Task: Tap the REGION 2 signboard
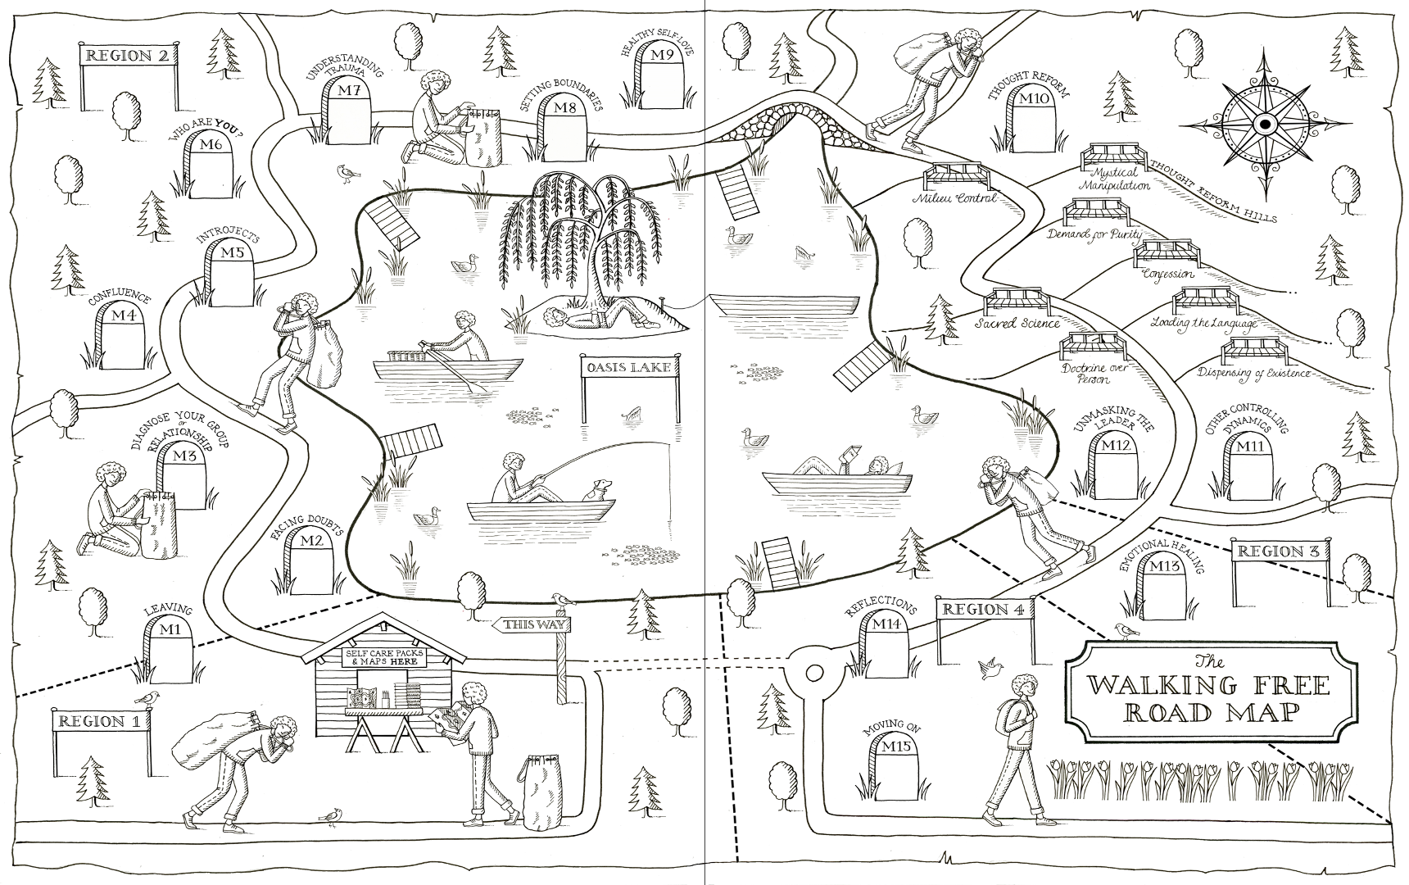(x=129, y=56)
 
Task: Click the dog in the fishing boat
(x=596, y=490)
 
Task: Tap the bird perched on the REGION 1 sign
(x=148, y=697)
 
